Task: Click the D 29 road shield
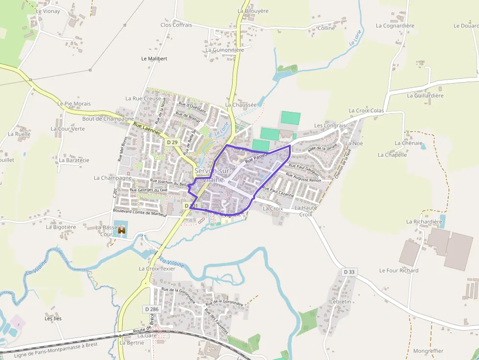pyautogui.click(x=172, y=142)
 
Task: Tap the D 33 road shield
pyautogui.click(x=349, y=272)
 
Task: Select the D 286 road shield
pyautogui.click(x=152, y=309)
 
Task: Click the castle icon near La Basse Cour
pyautogui.click(x=121, y=230)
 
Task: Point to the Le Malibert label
pyautogui.click(x=154, y=59)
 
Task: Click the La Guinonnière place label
pyautogui.click(x=224, y=50)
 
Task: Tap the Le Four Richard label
pyautogui.click(x=399, y=271)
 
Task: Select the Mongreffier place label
pyautogui.click(x=428, y=351)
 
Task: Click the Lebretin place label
pyautogui.click(x=341, y=302)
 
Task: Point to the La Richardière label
pyautogui.click(x=424, y=222)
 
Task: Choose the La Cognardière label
pyautogui.click(x=395, y=26)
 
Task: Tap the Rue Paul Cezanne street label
pyautogui.click(x=278, y=191)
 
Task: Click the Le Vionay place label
pyautogui.click(x=48, y=11)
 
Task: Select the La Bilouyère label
pyautogui.click(x=253, y=10)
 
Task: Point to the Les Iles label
pyautogui.click(x=53, y=318)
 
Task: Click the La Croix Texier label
pyautogui.click(x=157, y=269)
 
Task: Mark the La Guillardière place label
pyautogui.click(x=425, y=96)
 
